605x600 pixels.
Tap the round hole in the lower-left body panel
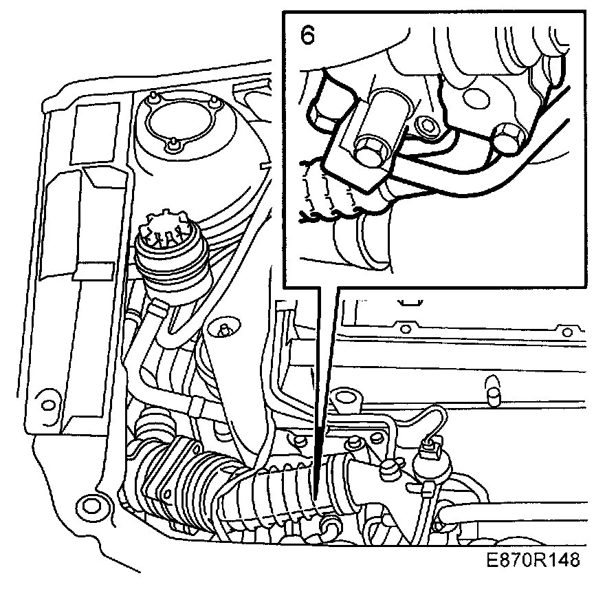tap(86, 502)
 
